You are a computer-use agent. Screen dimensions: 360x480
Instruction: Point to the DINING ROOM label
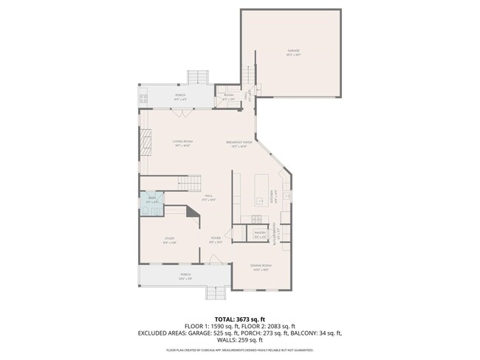point(261,267)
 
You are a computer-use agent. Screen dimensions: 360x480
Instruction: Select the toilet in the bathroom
point(145,210)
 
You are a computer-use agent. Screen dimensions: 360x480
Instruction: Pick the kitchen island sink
point(261,200)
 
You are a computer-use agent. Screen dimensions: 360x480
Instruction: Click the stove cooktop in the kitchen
point(256,218)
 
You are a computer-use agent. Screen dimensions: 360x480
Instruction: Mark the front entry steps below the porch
point(215,293)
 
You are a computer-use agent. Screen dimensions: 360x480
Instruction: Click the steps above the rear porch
point(197,77)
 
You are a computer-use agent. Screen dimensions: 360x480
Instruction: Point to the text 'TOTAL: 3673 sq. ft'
point(239,319)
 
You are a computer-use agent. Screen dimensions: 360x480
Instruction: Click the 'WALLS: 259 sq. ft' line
point(239,339)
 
